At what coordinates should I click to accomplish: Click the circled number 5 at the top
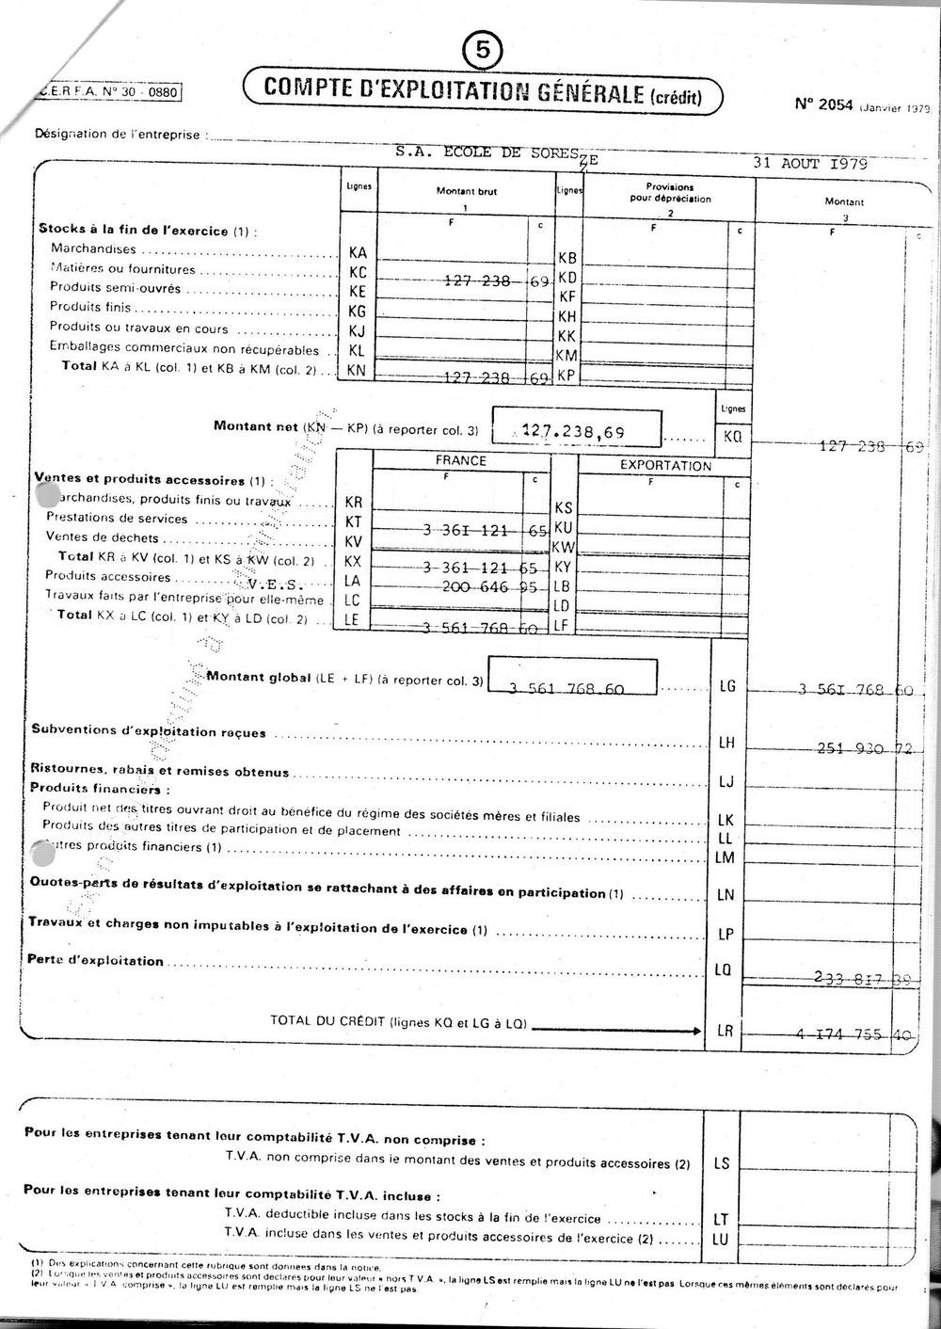[x=483, y=53]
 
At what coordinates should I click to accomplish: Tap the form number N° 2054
[x=823, y=104]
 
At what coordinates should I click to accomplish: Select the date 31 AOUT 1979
[x=809, y=163]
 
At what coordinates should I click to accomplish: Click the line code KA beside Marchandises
[x=358, y=252]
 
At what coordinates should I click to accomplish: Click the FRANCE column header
[x=461, y=461]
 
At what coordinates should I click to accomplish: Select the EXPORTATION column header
[x=665, y=466]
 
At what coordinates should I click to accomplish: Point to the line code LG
[x=726, y=687]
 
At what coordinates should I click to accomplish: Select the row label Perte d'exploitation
[x=97, y=961]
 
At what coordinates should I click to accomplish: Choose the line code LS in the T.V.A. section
[x=722, y=1163]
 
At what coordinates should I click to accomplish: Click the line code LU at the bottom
[x=720, y=1239]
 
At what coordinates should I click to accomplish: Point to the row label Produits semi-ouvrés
[x=115, y=289]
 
